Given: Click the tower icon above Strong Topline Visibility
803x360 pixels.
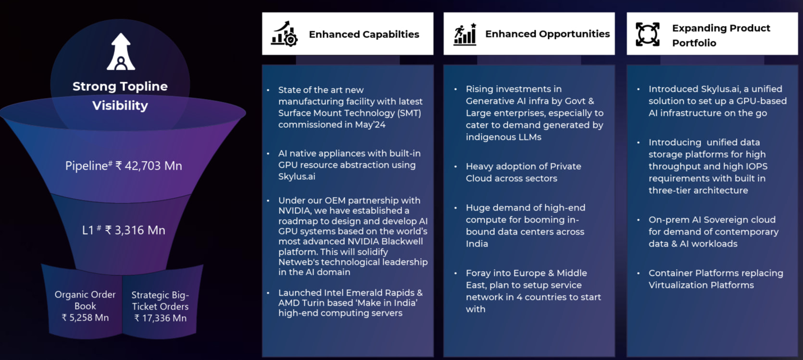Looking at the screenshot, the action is (x=121, y=51).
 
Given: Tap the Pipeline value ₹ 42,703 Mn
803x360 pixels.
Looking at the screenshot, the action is (x=149, y=166).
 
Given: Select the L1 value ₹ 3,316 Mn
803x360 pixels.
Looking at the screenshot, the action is (x=135, y=230).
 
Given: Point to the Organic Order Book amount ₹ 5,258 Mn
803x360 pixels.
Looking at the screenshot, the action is (x=85, y=318).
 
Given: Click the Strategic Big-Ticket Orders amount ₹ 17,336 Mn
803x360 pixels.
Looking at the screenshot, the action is (x=160, y=318).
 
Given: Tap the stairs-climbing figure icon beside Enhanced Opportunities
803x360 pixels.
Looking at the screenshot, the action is (x=465, y=35).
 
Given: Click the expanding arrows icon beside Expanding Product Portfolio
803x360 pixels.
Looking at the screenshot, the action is (x=647, y=35).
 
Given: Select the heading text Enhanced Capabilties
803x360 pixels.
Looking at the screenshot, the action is (x=364, y=35).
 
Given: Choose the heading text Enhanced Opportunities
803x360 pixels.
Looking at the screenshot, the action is (x=547, y=34).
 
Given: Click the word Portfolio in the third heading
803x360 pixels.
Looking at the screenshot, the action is (x=694, y=43).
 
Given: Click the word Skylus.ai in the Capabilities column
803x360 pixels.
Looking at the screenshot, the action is (x=297, y=176).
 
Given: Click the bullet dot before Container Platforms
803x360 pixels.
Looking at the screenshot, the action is (x=639, y=273).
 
